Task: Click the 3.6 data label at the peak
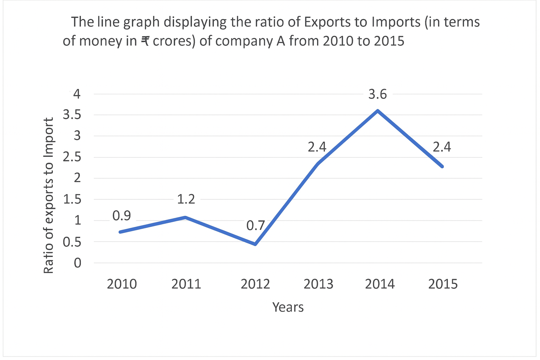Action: (x=378, y=94)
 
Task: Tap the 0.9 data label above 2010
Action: (x=122, y=216)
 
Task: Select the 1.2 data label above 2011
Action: (x=186, y=199)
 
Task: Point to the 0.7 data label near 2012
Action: (x=255, y=225)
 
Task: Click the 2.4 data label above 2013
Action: (x=317, y=147)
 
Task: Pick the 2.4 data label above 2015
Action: (x=442, y=147)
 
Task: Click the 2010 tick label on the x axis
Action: (x=122, y=284)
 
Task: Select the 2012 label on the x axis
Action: (x=255, y=284)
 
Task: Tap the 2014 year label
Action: (x=380, y=284)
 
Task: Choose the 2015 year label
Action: (x=443, y=284)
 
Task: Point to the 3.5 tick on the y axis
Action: (x=72, y=115)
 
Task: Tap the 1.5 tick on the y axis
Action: (x=72, y=199)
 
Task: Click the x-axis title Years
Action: (x=288, y=307)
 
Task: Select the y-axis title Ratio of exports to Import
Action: (x=48, y=195)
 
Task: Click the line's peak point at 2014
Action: (x=378, y=110)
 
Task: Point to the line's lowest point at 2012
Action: (x=255, y=244)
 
